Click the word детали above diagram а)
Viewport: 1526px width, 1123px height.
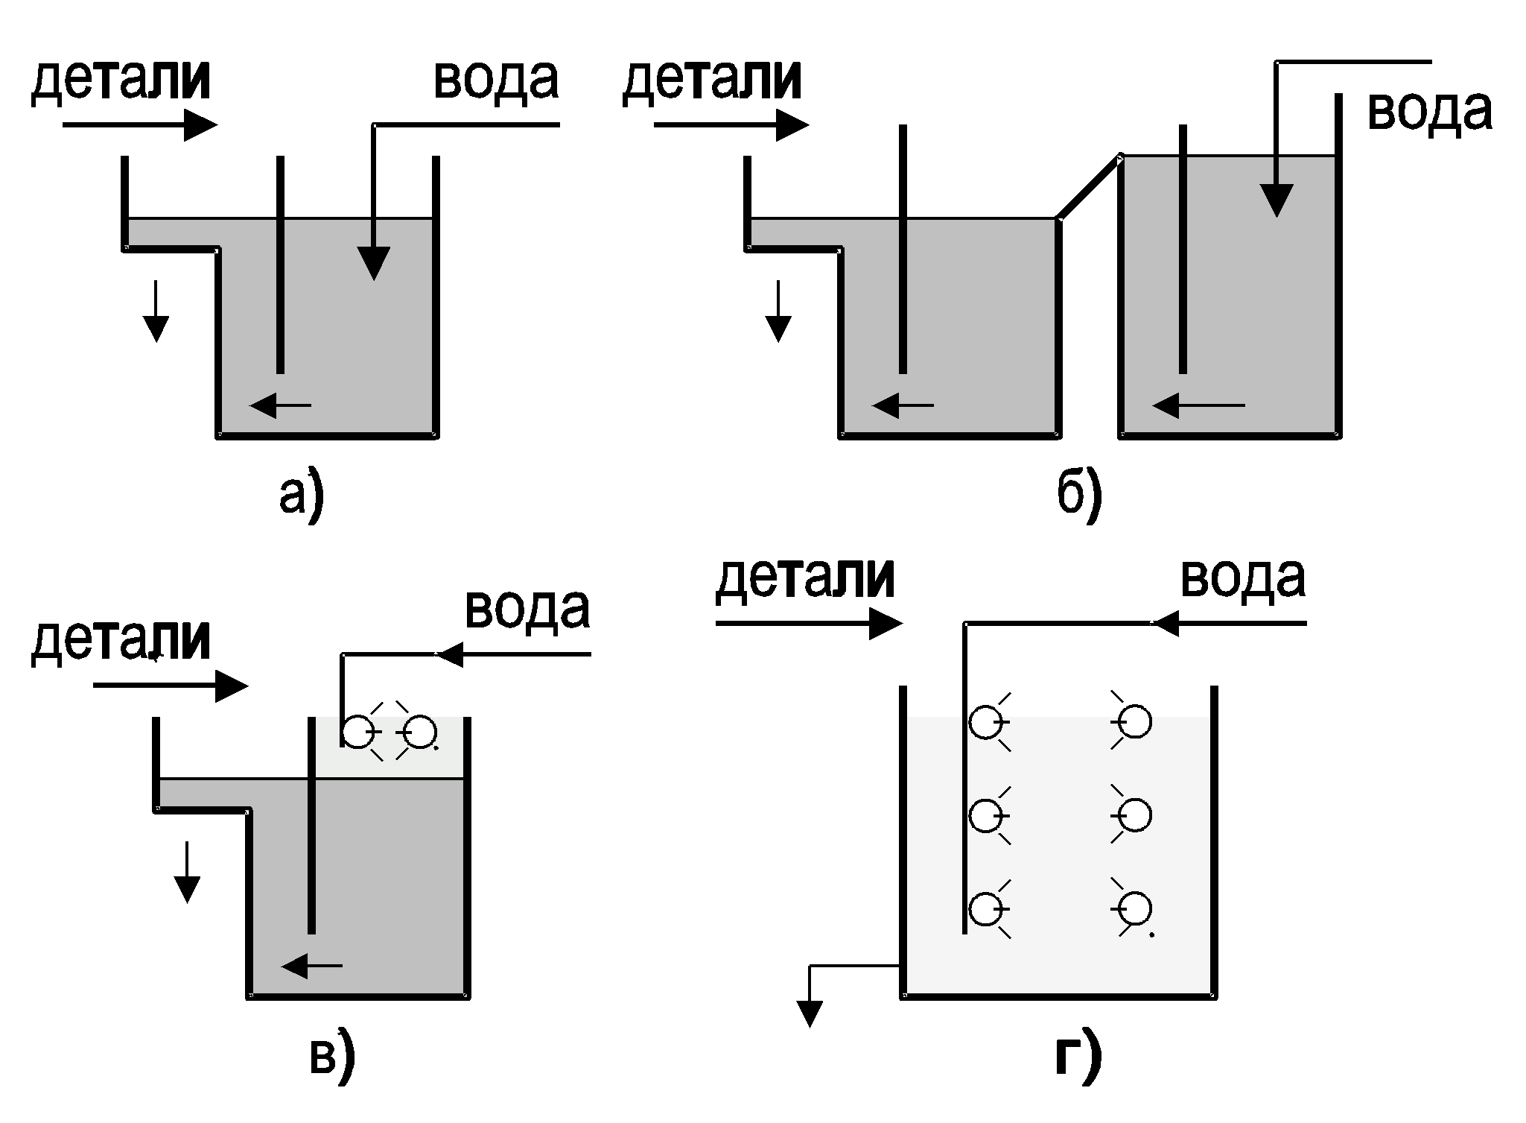pyautogui.click(x=121, y=80)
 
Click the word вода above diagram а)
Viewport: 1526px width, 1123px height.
pyautogui.click(x=496, y=80)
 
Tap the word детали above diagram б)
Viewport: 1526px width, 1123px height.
pyautogui.click(x=712, y=80)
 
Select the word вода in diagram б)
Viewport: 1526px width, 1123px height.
pyautogui.click(x=1430, y=111)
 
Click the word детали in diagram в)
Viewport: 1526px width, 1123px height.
pyautogui.click(x=121, y=640)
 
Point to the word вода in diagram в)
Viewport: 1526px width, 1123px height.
pyautogui.click(x=527, y=609)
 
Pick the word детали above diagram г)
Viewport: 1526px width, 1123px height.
pyautogui.click(x=805, y=578)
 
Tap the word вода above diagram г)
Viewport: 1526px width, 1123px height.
pyautogui.click(x=1243, y=578)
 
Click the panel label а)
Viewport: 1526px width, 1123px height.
pyautogui.click(x=302, y=494)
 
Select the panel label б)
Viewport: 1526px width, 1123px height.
pyautogui.click(x=1079, y=494)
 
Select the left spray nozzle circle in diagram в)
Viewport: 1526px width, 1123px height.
pyautogui.click(x=358, y=732)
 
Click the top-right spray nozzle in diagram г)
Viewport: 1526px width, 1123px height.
pyautogui.click(x=1134, y=722)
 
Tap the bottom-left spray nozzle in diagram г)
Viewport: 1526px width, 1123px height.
pyautogui.click(x=985, y=909)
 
